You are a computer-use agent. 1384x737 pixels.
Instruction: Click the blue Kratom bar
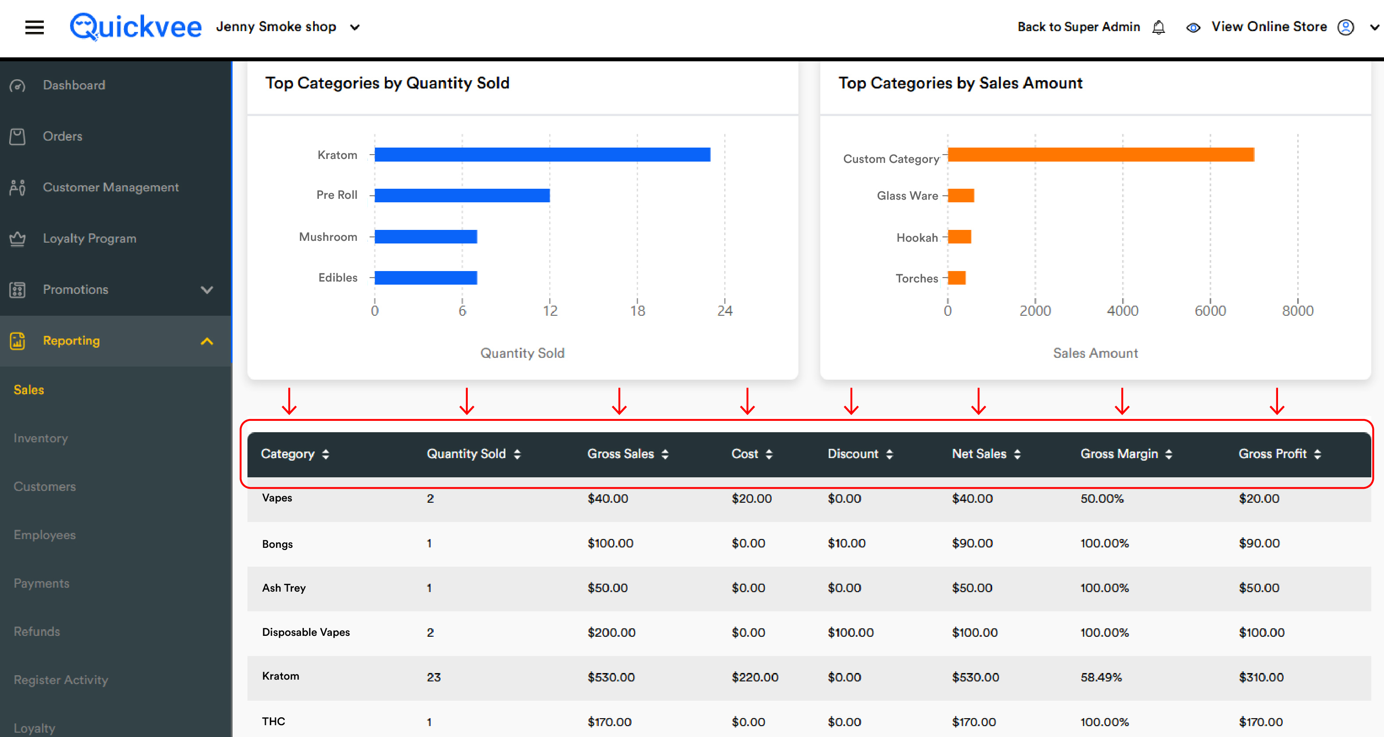pyautogui.click(x=543, y=155)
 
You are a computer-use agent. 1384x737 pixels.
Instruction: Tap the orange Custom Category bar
pyautogui.click(x=1101, y=155)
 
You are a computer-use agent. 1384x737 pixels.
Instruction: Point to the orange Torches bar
pyautogui.click(x=957, y=278)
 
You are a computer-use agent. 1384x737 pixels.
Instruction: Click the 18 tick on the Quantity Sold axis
pyautogui.click(x=637, y=310)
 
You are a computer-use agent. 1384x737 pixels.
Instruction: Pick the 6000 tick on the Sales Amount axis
pyautogui.click(x=1210, y=310)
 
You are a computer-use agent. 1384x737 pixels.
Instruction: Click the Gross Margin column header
pyautogui.click(x=1119, y=454)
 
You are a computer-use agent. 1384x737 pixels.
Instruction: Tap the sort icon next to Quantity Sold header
pyautogui.click(x=517, y=455)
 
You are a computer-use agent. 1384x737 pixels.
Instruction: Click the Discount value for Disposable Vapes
pyautogui.click(x=851, y=632)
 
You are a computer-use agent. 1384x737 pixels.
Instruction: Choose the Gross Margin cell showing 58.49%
pyautogui.click(x=1102, y=677)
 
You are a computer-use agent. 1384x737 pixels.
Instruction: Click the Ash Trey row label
pyautogui.click(x=284, y=588)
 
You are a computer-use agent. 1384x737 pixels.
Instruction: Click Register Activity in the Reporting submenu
pyautogui.click(x=61, y=680)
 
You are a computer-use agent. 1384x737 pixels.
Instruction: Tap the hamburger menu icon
pyautogui.click(x=35, y=27)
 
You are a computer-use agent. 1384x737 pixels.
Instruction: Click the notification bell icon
pyautogui.click(x=1159, y=27)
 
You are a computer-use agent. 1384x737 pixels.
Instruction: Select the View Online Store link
pyautogui.click(x=1269, y=26)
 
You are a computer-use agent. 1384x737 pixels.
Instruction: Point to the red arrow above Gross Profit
pyautogui.click(x=1277, y=401)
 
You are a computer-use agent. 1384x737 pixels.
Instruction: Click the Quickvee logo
pyautogui.click(x=135, y=26)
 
